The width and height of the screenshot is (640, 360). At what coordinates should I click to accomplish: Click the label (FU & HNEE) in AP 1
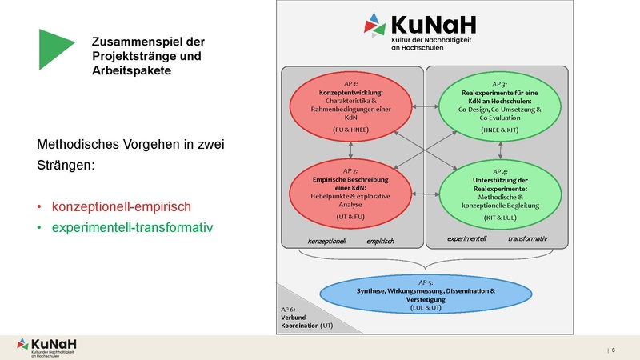(350, 129)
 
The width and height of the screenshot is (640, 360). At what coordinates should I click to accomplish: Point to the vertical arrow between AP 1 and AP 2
(350, 150)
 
